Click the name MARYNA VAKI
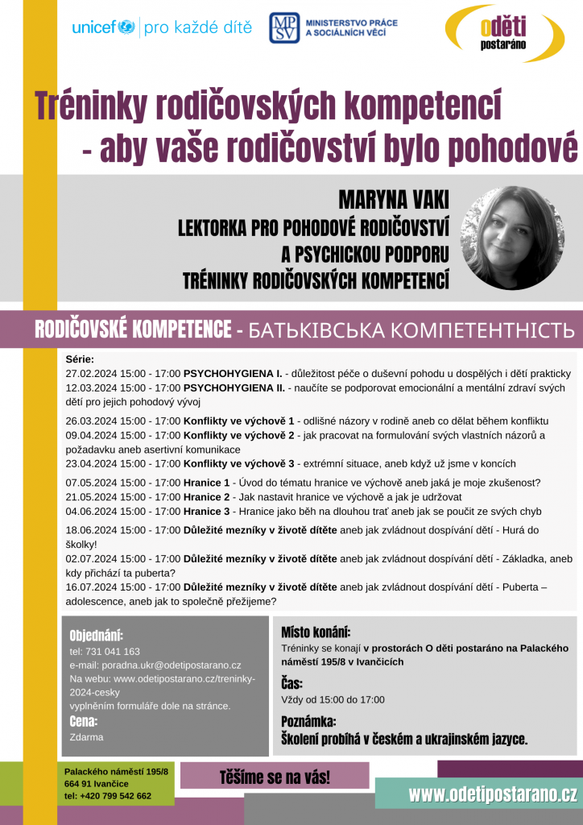(x=393, y=201)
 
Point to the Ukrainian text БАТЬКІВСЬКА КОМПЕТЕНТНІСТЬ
(x=411, y=330)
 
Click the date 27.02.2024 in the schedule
(x=93, y=374)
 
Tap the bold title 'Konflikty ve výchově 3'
(x=239, y=463)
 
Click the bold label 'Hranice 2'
(x=206, y=496)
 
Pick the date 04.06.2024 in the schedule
(x=93, y=511)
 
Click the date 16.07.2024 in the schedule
(x=93, y=587)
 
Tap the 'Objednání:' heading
(x=96, y=635)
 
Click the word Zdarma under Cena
(x=86, y=736)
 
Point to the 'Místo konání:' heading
(x=316, y=632)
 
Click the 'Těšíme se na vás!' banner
(x=275, y=777)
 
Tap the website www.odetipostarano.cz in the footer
(x=492, y=794)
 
